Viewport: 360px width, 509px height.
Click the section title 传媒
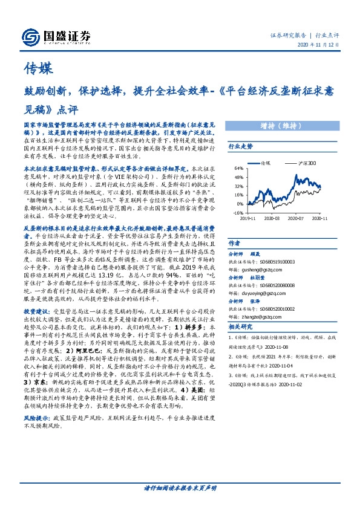(36, 66)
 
